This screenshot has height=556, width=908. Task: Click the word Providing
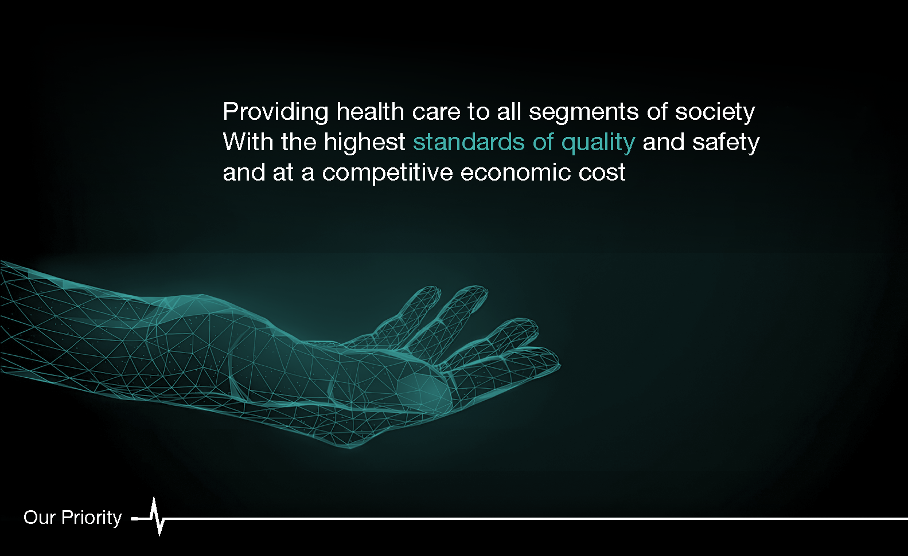(276, 112)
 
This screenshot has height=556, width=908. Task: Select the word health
(370, 111)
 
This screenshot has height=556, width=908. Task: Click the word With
(248, 142)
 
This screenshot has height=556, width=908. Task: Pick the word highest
(364, 143)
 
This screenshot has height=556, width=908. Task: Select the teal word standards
(469, 142)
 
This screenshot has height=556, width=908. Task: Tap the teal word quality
(598, 143)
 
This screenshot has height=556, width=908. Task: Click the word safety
(726, 143)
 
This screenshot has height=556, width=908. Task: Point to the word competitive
(388, 173)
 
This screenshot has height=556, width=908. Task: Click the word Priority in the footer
(92, 518)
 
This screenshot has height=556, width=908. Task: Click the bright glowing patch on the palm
(425, 392)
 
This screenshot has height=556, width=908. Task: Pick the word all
(509, 111)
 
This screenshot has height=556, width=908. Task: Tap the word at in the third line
(283, 173)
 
